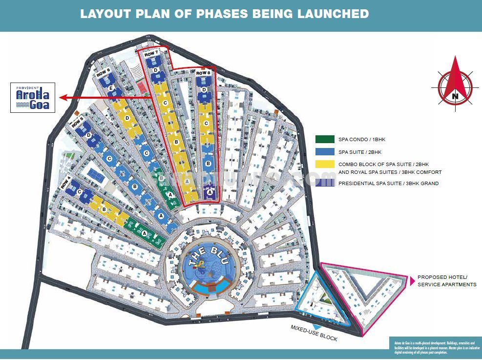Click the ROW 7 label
click(152, 53)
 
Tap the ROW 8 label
click(203, 73)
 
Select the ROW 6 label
click(104, 73)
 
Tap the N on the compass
click(455, 96)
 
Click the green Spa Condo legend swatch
click(325, 140)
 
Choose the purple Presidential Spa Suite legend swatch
click(325, 184)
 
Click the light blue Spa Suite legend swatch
click(325, 152)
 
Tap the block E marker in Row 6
click(111, 88)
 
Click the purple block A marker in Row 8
click(210, 192)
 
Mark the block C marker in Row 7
click(165, 103)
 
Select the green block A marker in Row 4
click(144, 233)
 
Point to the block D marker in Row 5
click(88, 136)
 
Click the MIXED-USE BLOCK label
click(314, 333)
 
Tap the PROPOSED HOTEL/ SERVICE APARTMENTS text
click(446, 280)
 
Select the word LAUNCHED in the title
click(333, 14)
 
